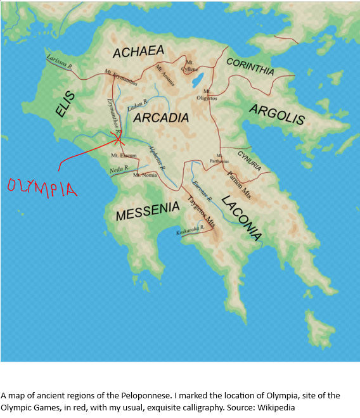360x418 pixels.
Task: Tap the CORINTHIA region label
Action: point(250,66)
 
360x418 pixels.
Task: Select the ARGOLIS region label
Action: point(277,115)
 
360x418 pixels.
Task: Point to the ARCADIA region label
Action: point(162,117)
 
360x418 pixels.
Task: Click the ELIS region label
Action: point(65,104)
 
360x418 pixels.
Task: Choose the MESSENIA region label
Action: point(148,210)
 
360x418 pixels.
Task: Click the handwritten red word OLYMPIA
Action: point(41,187)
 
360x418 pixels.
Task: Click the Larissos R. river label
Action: point(59,61)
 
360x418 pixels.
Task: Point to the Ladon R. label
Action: point(138,103)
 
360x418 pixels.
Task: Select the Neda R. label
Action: point(119,170)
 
